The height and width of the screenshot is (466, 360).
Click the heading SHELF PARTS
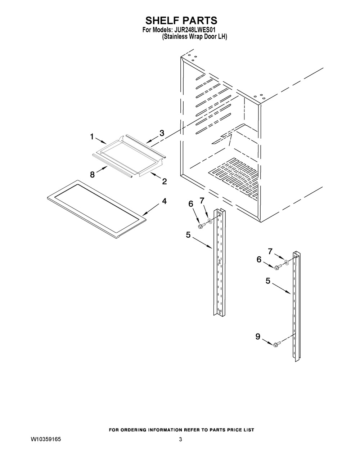(181, 21)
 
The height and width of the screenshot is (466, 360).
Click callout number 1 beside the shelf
(92, 136)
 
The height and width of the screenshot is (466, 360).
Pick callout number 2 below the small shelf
(165, 182)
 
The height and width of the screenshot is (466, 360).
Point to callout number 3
(162, 133)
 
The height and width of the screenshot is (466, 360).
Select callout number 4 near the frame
(164, 201)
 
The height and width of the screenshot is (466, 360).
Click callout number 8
(92, 175)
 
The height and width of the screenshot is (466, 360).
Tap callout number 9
(258, 336)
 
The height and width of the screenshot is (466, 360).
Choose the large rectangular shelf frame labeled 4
(96, 209)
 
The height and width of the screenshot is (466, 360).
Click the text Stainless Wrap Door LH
(194, 37)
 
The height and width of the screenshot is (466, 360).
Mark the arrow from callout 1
(101, 141)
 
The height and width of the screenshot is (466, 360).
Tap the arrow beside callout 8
(102, 169)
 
